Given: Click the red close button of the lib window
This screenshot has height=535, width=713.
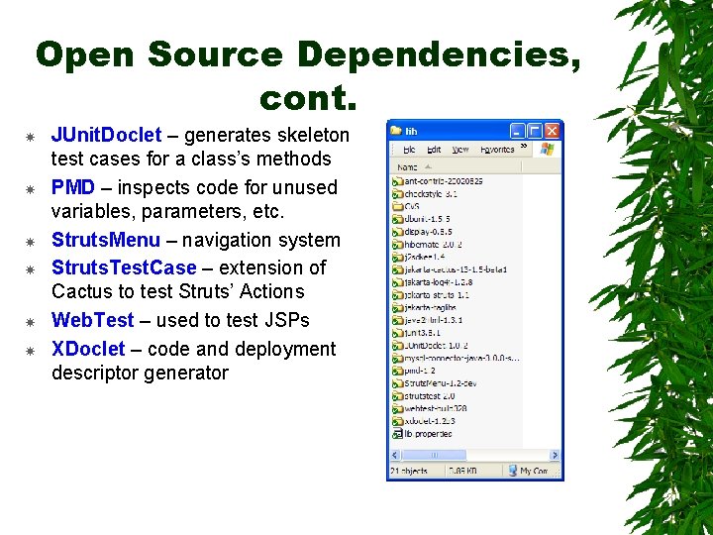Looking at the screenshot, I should pos(553,130).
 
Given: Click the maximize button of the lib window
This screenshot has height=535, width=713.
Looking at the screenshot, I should pos(535,130).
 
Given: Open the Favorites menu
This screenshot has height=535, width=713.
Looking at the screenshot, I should pos(496,150).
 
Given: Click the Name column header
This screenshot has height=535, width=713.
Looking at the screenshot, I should pos(406,167).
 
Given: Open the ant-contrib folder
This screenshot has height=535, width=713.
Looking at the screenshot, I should pos(436,181).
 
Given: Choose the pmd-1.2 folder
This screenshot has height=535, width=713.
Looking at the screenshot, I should pos(418,369).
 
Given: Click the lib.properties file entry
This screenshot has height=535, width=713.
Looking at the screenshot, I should pos(426,432).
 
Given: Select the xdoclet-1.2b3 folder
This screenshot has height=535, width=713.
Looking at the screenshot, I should pos(429,419).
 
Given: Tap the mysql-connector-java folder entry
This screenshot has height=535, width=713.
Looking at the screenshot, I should pos(456,357).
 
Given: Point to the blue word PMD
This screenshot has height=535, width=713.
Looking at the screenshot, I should pos(73,187).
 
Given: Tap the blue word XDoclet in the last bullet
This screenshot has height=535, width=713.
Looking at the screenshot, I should pos(88,349).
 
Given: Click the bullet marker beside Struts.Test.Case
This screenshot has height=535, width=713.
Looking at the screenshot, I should pos(31,268).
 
